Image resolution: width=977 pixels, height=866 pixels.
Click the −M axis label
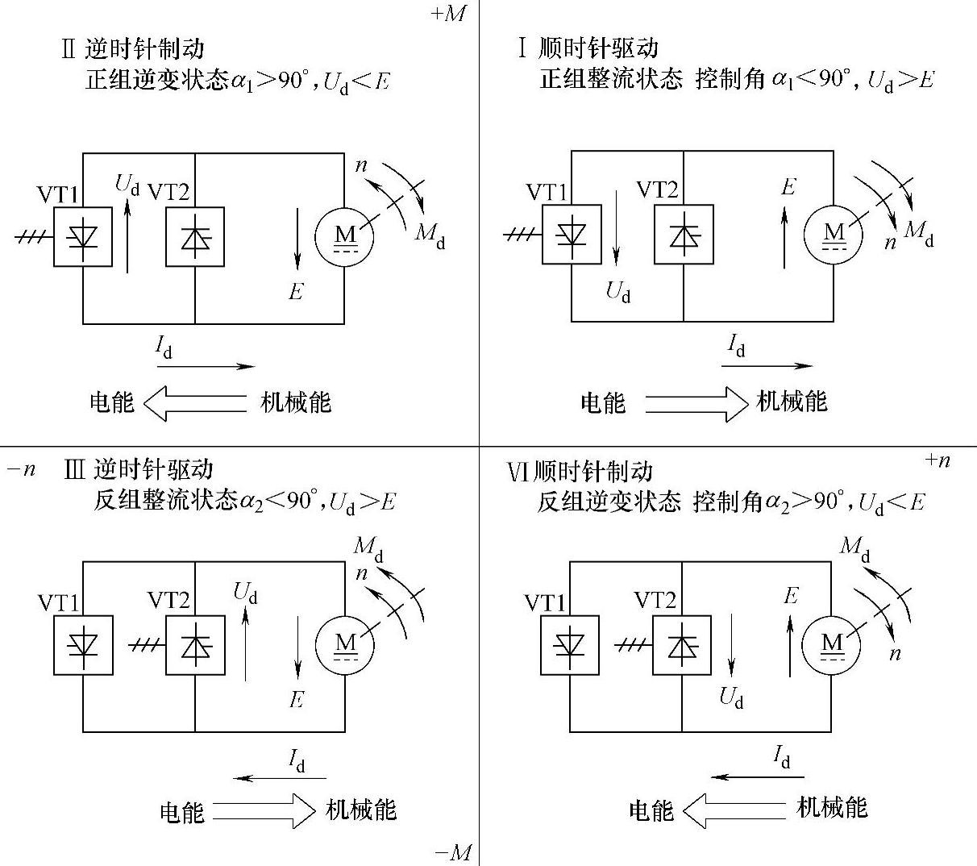(452, 852)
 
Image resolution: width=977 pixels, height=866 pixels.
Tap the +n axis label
(938, 460)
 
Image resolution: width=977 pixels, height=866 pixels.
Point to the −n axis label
(21, 469)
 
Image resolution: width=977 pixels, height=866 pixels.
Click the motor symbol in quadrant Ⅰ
(834, 235)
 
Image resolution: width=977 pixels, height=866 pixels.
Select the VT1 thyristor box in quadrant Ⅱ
(83, 236)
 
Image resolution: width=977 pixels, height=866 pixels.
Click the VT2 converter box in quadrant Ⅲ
(195, 645)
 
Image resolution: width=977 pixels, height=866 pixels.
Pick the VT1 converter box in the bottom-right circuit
(569, 645)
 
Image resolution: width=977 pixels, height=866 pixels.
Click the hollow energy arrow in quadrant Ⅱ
(194, 402)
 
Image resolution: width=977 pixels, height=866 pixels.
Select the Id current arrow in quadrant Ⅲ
(279, 778)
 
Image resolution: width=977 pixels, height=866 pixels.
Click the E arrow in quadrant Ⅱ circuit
(297, 239)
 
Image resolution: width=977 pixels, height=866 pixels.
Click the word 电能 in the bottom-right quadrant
(651, 810)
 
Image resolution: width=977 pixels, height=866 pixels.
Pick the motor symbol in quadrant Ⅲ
(345, 643)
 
